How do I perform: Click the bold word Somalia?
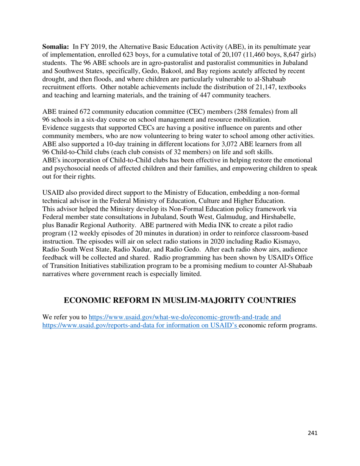tap(55, 47)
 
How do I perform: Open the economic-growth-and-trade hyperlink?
tap(185, 317)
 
